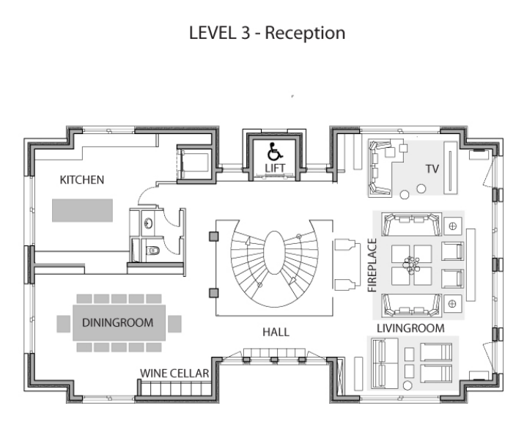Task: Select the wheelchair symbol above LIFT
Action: click(273, 152)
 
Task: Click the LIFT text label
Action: click(274, 169)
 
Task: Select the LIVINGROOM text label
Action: click(410, 327)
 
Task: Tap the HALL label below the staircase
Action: click(276, 332)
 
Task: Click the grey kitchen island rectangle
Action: click(82, 209)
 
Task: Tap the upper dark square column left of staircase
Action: click(213, 236)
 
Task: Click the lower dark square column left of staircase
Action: click(213, 293)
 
